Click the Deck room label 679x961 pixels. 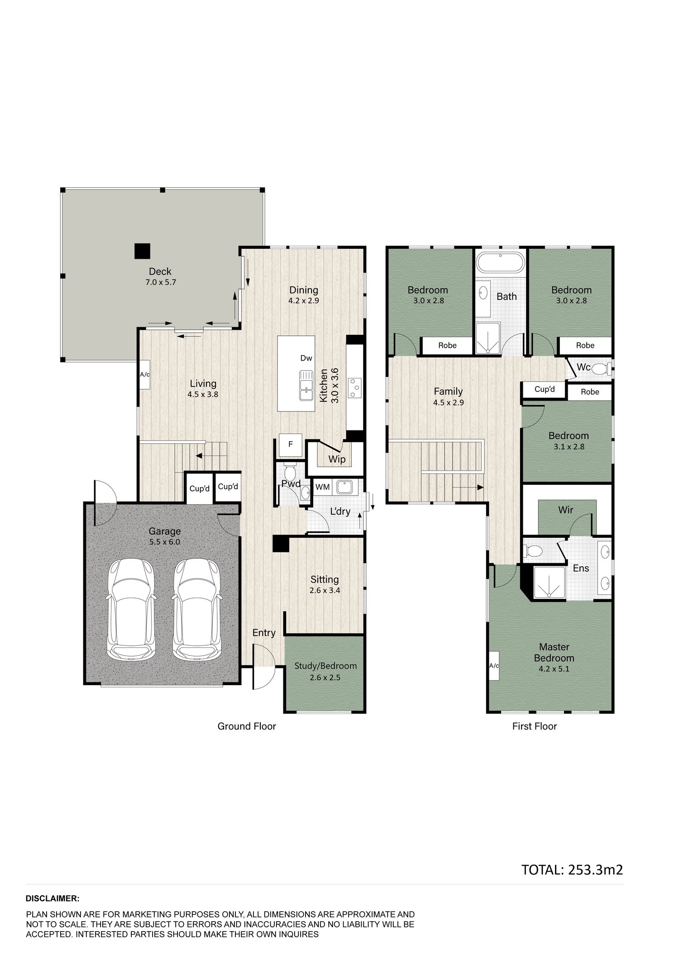click(160, 271)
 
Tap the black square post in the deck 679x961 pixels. click(142, 251)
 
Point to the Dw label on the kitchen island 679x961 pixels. click(306, 358)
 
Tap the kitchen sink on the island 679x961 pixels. click(306, 386)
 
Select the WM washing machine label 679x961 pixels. click(322, 487)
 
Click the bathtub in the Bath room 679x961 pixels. click(501, 262)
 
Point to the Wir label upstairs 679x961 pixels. click(566, 510)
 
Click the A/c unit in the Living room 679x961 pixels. click(145, 374)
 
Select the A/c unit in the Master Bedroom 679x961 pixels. click(494, 666)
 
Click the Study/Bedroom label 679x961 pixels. click(325, 666)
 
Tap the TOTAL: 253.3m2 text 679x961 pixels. click(572, 869)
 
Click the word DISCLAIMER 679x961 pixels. click(53, 898)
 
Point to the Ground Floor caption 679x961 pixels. click(247, 726)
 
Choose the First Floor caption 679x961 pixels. click(535, 726)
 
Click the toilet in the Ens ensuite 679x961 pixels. click(533, 551)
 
